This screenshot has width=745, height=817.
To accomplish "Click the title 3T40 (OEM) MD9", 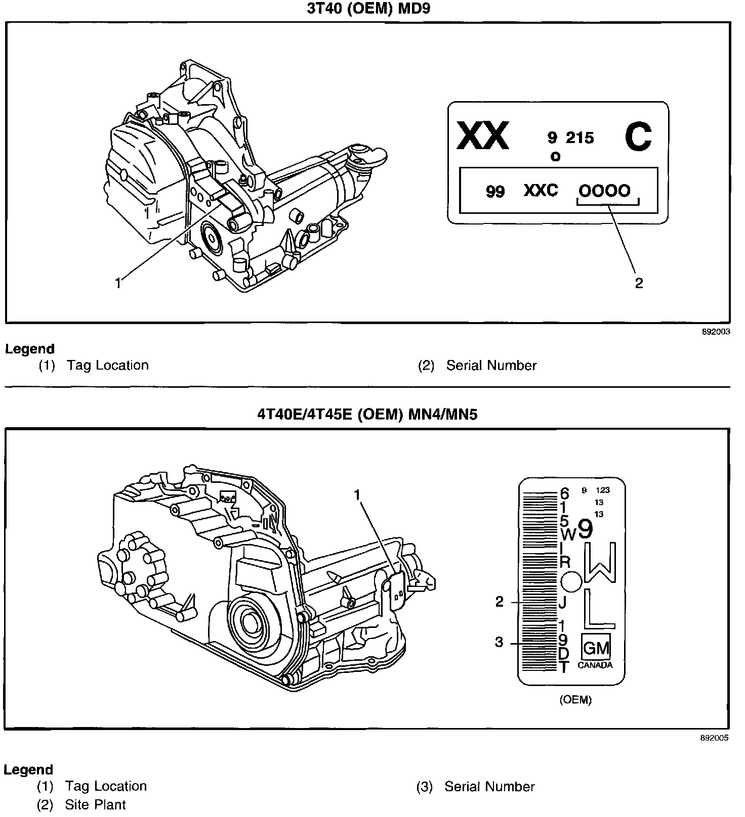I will (368, 9).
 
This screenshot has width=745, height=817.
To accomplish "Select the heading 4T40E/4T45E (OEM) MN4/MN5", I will (367, 415).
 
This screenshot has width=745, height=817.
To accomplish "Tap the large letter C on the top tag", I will (638, 137).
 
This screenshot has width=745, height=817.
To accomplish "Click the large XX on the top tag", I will (482, 137).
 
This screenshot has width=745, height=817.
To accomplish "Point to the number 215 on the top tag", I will (580, 138).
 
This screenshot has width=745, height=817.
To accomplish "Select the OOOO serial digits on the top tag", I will (604, 191).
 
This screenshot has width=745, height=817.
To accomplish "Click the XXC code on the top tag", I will (541, 191).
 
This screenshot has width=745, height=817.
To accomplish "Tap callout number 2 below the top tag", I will (639, 283).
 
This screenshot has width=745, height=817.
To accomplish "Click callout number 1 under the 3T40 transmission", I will (118, 284).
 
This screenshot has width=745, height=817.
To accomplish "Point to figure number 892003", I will (716, 332).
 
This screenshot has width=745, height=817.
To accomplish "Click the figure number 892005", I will (715, 738).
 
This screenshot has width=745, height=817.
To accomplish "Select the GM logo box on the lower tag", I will (596, 648).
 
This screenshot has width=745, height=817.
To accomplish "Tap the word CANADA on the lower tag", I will (595, 665).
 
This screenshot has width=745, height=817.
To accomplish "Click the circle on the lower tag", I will (571, 581).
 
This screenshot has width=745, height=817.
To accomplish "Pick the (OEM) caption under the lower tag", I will (575, 700).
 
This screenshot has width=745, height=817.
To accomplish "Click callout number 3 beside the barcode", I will (499, 642).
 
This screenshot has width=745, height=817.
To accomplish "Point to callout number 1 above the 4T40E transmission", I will (357, 494).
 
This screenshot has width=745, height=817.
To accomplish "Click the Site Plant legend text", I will (95, 805).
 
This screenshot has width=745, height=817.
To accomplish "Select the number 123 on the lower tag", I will (602, 490).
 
